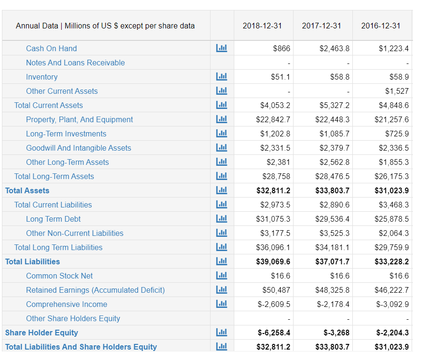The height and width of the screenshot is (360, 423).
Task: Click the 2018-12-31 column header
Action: (x=262, y=26)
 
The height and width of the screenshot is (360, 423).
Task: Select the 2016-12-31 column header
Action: (x=381, y=26)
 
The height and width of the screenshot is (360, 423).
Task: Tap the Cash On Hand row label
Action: (x=51, y=48)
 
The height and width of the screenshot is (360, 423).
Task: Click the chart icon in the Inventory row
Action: (x=221, y=77)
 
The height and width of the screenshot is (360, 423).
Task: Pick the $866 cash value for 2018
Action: (x=282, y=48)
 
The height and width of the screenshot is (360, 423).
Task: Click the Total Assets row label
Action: (x=27, y=190)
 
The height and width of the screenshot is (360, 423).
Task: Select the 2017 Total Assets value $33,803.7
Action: (x=332, y=190)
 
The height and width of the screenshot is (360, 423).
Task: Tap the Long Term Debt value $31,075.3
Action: (x=273, y=219)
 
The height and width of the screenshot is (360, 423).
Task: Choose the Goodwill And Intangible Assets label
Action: (x=79, y=148)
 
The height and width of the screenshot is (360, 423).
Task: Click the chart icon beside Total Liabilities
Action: (x=221, y=261)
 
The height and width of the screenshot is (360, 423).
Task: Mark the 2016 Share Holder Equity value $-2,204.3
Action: (x=392, y=333)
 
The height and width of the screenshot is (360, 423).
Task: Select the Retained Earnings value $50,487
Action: (x=276, y=290)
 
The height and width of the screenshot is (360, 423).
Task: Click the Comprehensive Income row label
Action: (x=66, y=304)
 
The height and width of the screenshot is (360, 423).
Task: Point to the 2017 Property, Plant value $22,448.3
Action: (x=332, y=119)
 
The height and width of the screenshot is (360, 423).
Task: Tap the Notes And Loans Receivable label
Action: (x=75, y=63)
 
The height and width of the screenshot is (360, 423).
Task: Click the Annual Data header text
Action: (x=105, y=26)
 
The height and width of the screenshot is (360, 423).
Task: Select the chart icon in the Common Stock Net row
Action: (x=221, y=276)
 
